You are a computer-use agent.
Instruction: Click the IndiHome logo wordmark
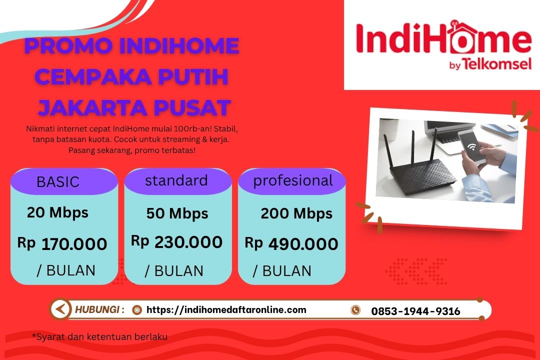point(443,39)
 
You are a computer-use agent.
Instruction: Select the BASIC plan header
point(58,182)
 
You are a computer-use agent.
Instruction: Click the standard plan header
point(176,180)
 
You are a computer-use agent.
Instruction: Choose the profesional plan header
point(293,180)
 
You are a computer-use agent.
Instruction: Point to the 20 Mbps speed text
point(57,212)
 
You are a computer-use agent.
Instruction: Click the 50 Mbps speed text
point(177,214)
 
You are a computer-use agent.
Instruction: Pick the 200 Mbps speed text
point(296,214)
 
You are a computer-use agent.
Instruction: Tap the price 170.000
point(74,244)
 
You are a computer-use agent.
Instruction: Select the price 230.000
point(188,242)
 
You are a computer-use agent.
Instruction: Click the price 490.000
point(303,244)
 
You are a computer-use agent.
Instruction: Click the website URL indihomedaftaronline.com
point(226,309)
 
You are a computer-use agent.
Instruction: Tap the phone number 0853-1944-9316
point(415,311)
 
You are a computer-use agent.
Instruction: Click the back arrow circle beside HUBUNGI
point(60,309)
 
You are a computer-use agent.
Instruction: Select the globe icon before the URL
point(136,310)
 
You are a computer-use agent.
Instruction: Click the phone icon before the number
point(355,310)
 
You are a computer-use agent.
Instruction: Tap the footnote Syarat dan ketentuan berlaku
point(99,336)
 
